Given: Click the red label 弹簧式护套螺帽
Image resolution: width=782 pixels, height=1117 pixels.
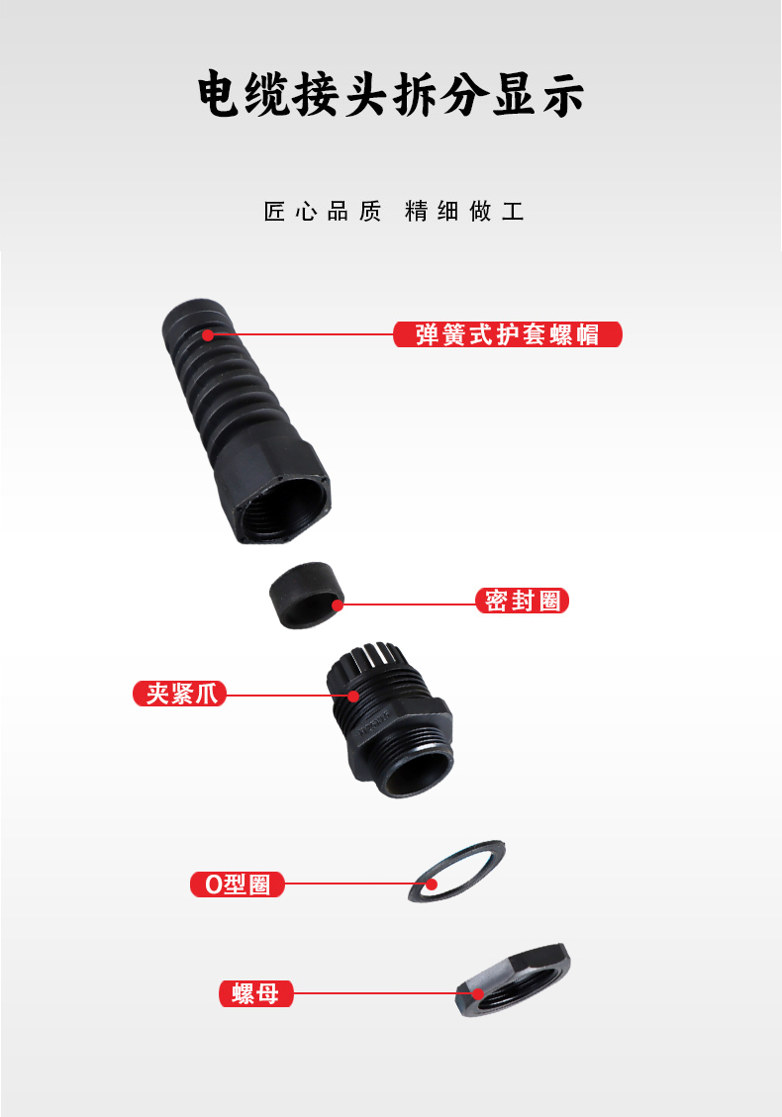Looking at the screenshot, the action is [508, 334].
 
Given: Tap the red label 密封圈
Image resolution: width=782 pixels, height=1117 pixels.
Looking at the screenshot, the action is [522, 601].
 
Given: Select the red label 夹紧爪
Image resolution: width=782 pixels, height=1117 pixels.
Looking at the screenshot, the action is [179, 694].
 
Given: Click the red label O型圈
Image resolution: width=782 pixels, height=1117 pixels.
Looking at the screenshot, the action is [238, 884].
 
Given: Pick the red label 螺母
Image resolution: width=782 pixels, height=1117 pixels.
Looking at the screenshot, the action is [256, 993].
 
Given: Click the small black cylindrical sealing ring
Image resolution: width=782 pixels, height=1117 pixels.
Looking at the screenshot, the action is [307, 596].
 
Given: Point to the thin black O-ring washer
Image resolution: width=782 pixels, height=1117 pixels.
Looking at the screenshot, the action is [457, 871].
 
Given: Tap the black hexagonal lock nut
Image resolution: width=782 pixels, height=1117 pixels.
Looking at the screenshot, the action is [514, 980].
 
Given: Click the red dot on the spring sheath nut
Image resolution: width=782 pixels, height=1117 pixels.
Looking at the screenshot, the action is [208, 334].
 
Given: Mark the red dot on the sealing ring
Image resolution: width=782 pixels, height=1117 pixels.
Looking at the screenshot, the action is [338, 605].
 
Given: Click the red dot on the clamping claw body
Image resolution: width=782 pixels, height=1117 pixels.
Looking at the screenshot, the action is [353, 696].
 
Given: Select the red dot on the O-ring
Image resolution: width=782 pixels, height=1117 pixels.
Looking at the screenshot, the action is [432, 884].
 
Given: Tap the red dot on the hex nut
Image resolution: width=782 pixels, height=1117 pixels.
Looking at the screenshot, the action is [477, 993].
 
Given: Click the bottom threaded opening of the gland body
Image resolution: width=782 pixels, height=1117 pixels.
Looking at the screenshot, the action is [417, 770].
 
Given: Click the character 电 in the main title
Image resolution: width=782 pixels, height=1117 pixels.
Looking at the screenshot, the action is [218, 94].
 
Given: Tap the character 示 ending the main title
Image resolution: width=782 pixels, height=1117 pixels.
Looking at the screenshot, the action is [563, 94].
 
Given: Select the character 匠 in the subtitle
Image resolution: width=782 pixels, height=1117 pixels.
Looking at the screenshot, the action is [274, 211].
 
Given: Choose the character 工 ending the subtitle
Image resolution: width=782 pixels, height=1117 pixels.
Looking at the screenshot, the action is [513, 211].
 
